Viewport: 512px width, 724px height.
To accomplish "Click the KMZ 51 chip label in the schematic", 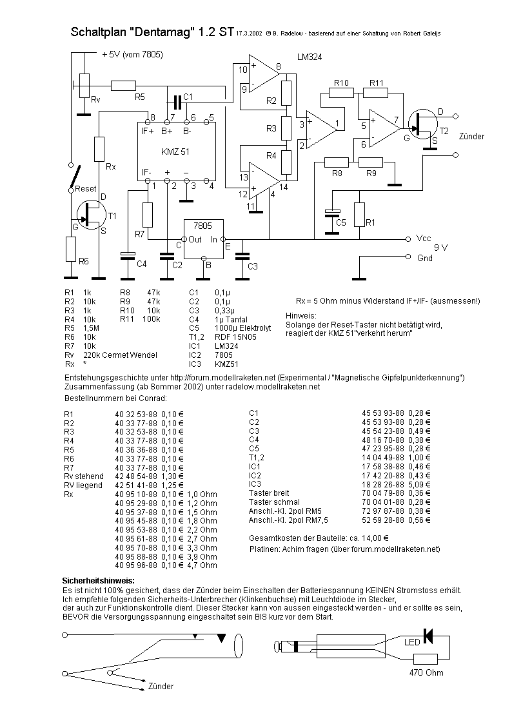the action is coord(175,152).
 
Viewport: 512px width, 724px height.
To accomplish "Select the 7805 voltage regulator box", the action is coord(204,239).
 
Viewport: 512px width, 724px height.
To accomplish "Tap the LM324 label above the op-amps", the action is coord(310,57).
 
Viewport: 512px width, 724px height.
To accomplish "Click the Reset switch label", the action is coord(85,189).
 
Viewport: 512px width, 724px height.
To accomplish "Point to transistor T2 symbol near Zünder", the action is coord(423,124).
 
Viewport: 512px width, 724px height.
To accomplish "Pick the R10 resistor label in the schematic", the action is coord(341,83).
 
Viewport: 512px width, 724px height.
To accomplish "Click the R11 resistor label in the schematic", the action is coord(377,83).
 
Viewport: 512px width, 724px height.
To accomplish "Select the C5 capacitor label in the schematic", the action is coord(340,222).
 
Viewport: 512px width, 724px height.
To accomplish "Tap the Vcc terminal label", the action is coord(424,239).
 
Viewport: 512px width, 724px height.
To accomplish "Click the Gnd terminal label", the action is coord(425,258).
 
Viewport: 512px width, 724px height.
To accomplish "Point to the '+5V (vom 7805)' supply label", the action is coord(132,55).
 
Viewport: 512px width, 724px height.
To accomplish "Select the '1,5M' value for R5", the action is coord(91,328).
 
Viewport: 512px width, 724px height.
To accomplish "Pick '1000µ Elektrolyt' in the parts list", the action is coord(243,328).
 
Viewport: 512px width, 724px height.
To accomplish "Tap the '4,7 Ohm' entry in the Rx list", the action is coord(202,565).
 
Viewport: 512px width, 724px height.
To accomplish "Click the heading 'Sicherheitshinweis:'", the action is coord(98,581).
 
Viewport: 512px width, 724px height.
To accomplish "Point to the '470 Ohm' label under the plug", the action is coord(426,673).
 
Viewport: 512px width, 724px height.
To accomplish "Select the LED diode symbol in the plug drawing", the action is coord(428,636).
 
